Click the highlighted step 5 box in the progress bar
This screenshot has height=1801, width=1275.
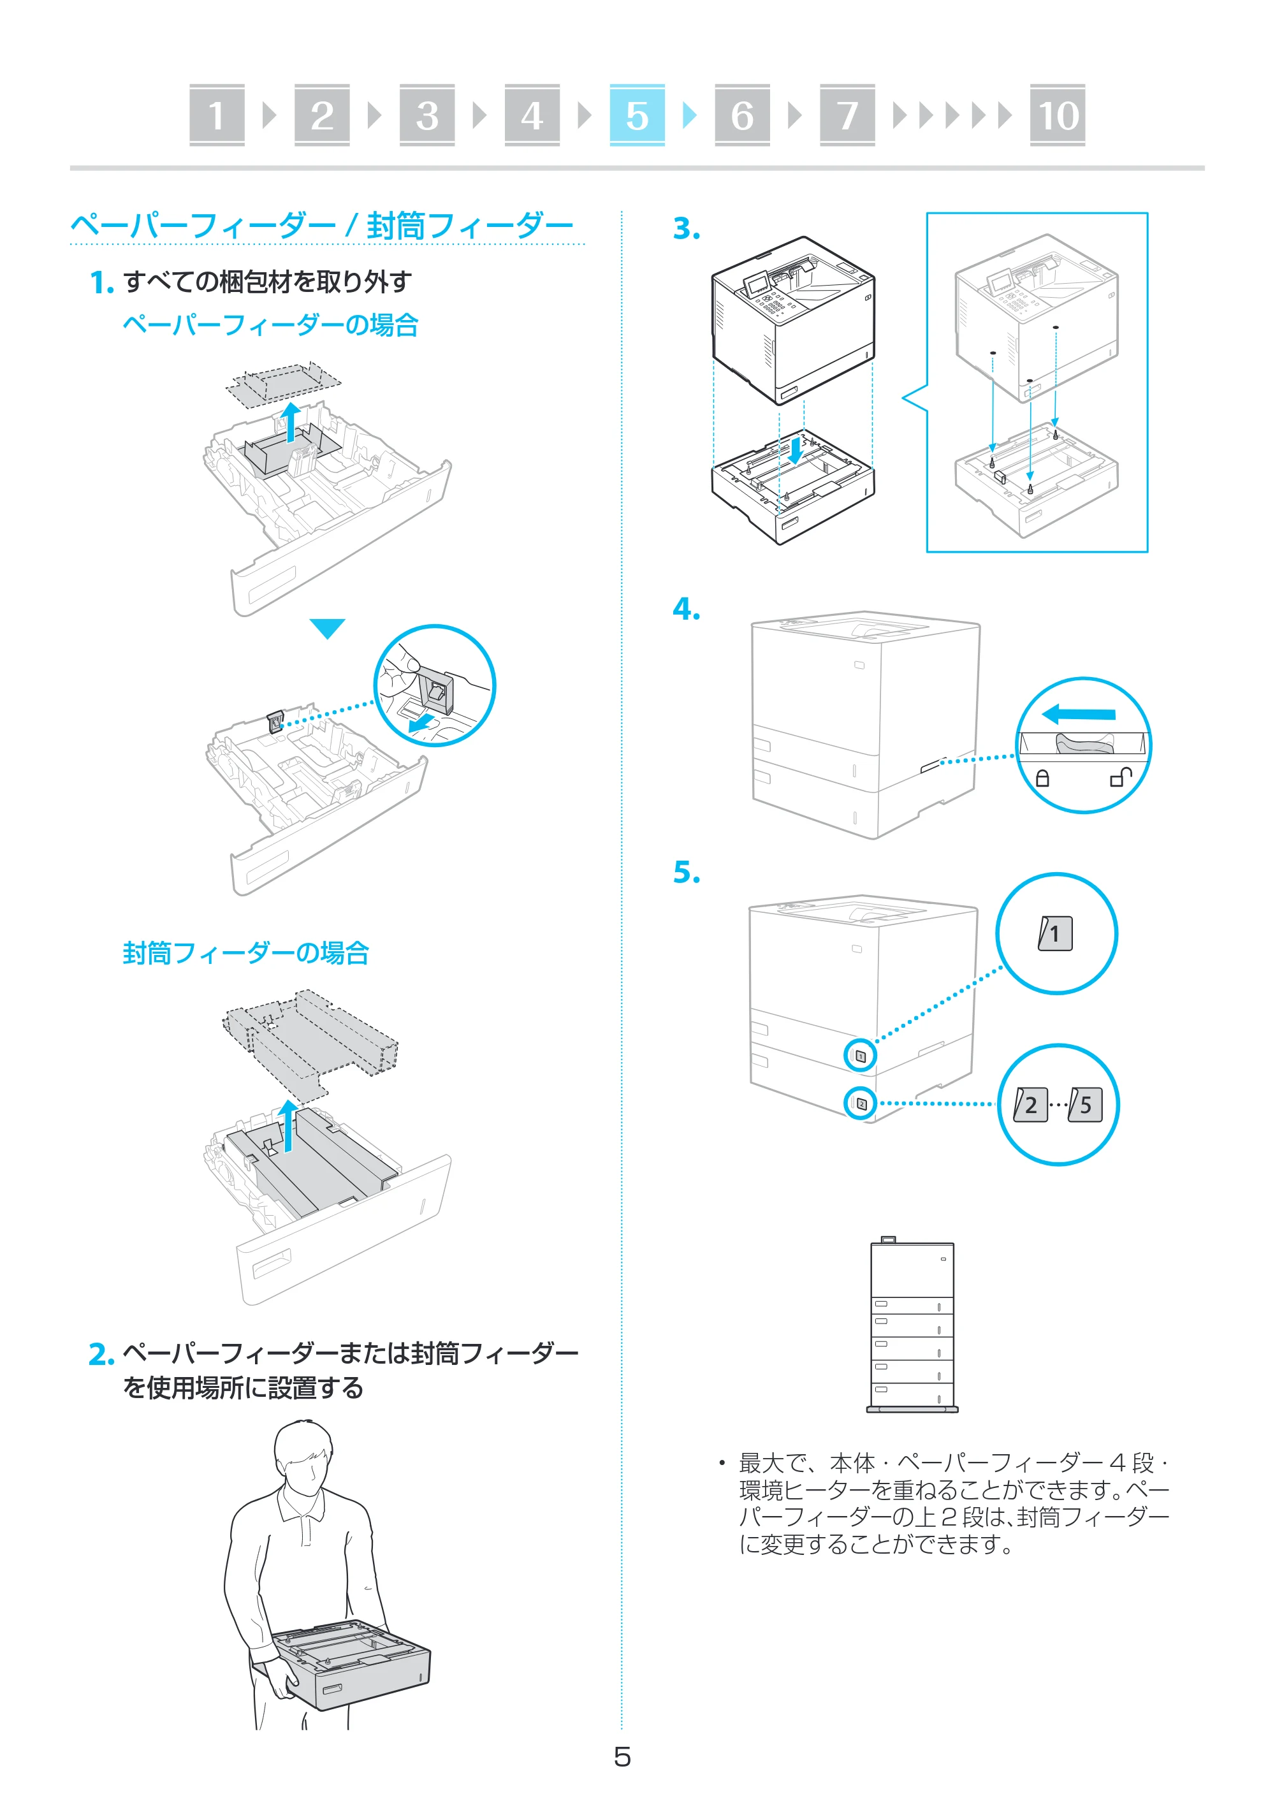pos(637,115)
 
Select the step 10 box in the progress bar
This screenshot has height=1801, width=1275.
pos(1057,115)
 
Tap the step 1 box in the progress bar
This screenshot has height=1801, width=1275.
pos(217,115)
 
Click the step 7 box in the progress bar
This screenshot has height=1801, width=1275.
pos(847,115)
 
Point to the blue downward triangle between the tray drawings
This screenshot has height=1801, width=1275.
pos(328,628)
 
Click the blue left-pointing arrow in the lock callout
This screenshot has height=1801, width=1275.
pos(1078,713)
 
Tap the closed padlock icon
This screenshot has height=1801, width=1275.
pos(1042,777)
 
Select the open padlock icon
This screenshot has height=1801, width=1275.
pos(1120,777)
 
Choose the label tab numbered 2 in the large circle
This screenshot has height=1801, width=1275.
pos(1030,1105)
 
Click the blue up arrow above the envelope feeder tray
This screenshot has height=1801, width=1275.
pos(289,1125)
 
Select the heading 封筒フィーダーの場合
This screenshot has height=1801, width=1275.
pos(245,953)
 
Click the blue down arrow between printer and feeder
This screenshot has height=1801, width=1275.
pos(796,449)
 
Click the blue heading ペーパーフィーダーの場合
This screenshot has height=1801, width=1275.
pos(270,325)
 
